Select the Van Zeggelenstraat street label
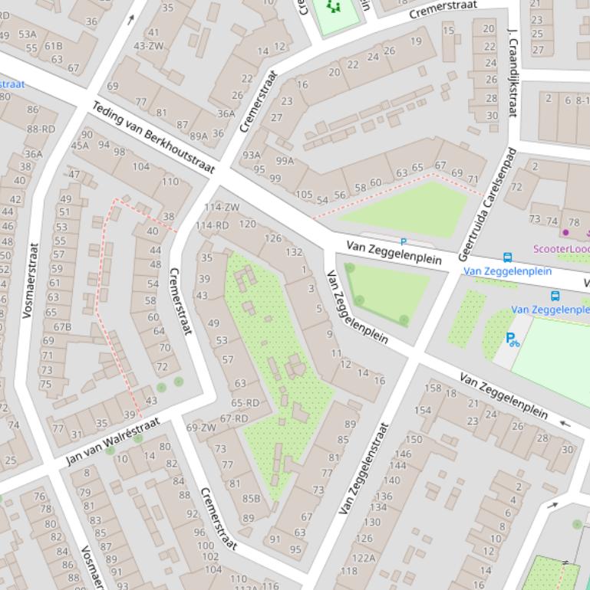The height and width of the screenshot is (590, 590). pyautogui.click(x=364, y=468)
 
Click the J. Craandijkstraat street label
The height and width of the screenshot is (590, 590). pyautogui.click(x=513, y=72)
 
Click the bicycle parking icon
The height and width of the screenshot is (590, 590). pyautogui.click(x=512, y=339)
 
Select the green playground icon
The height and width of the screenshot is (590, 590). pyautogui.click(x=333, y=7)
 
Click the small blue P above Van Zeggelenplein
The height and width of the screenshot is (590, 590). pyautogui.click(x=403, y=242)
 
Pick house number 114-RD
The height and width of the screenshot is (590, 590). pyautogui.click(x=213, y=225)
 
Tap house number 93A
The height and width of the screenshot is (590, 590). pyautogui.click(x=252, y=156)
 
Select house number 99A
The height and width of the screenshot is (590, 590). pyautogui.click(x=285, y=161)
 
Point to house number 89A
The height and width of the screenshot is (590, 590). pyautogui.click(x=199, y=136)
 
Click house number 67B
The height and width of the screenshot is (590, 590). pyautogui.click(x=62, y=327)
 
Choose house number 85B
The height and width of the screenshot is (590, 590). pyautogui.click(x=252, y=499)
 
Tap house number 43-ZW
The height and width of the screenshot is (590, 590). pyautogui.click(x=149, y=46)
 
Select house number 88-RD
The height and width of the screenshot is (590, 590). pyautogui.click(x=41, y=129)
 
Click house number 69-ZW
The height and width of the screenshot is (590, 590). pyautogui.click(x=201, y=428)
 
